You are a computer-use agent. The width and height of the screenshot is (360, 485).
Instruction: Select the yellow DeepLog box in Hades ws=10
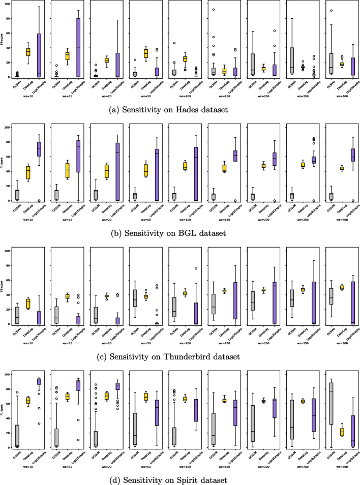(x=28, y=52)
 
